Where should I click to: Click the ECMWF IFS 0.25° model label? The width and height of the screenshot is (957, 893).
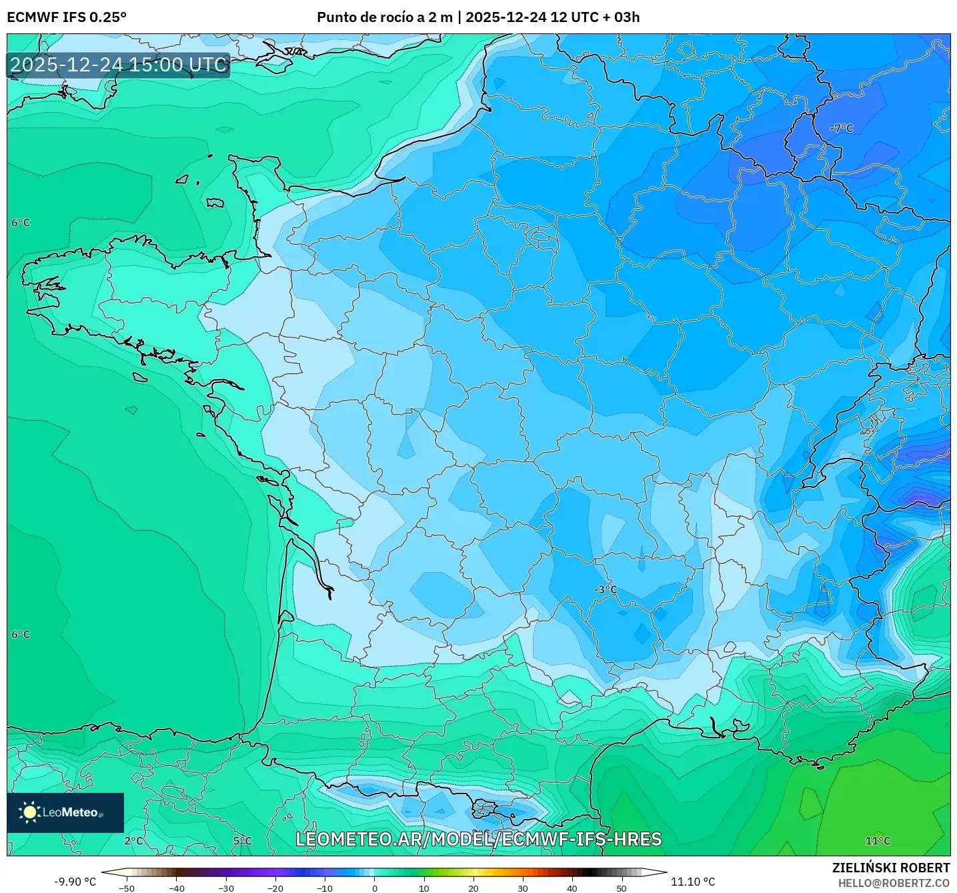point(67,17)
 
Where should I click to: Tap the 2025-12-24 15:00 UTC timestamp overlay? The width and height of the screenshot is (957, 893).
point(118,65)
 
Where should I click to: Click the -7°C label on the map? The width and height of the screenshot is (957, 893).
point(841,128)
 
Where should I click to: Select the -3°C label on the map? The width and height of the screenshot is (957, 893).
point(606,589)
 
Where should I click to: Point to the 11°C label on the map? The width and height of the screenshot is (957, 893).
point(878,841)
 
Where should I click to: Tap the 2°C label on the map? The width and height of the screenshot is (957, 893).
point(133,841)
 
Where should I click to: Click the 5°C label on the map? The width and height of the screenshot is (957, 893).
point(242,841)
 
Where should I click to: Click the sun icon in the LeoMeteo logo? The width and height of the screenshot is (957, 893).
point(29,812)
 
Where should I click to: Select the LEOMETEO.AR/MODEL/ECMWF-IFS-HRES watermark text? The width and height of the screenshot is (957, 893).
point(478,839)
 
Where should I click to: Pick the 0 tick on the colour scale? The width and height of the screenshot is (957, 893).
point(374,888)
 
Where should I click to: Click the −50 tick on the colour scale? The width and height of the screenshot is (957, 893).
point(126,888)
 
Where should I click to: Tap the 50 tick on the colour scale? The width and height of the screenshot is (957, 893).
point(622,888)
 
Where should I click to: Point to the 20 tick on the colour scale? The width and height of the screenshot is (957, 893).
point(473,888)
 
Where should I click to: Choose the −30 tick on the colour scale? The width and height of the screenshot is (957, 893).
point(225,888)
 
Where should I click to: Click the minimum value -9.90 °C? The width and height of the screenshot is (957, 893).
point(75,882)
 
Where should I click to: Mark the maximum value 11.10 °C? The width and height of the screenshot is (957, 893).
point(693,882)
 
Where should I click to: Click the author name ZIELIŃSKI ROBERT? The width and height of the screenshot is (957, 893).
point(890,868)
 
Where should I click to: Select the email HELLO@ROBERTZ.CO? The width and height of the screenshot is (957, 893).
point(894,883)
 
